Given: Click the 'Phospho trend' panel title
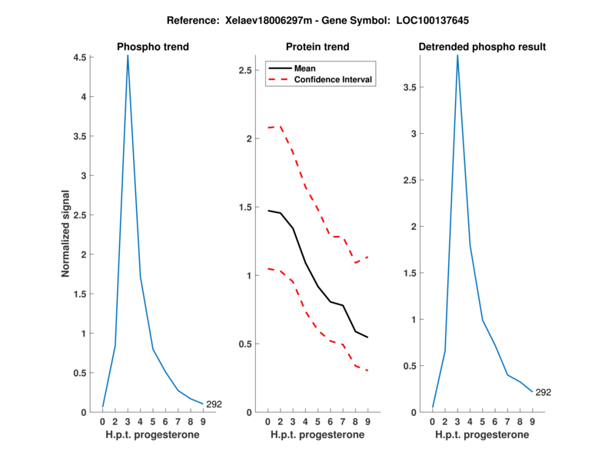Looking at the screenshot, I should pyautogui.click(x=152, y=47).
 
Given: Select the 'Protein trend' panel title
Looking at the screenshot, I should pyautogui.click(x=317, y=47).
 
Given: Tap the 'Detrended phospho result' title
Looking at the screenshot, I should pyautogui.click(x=482, y=47).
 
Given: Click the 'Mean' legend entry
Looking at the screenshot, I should pyautogui.click(x=304, y=68).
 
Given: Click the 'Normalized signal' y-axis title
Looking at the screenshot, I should pyautogui.click(x=67, y=234).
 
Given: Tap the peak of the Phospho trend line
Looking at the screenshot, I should pyautogui.click(x=128, y=56).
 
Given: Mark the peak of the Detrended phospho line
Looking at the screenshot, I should pyautogui.click(x=457, y=56).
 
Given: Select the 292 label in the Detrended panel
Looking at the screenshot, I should pyautogui.click(x=544, y=392).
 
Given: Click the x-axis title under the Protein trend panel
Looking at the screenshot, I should pyautogui.click(x=317, y=434).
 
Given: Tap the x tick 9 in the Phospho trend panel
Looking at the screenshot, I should pyautogui.click(x=203, y=421).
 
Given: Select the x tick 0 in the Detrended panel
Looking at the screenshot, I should pyautogui.click(x=433, y=421).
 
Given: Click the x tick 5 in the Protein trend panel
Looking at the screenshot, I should pyautogui.click(x=318, y=421).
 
